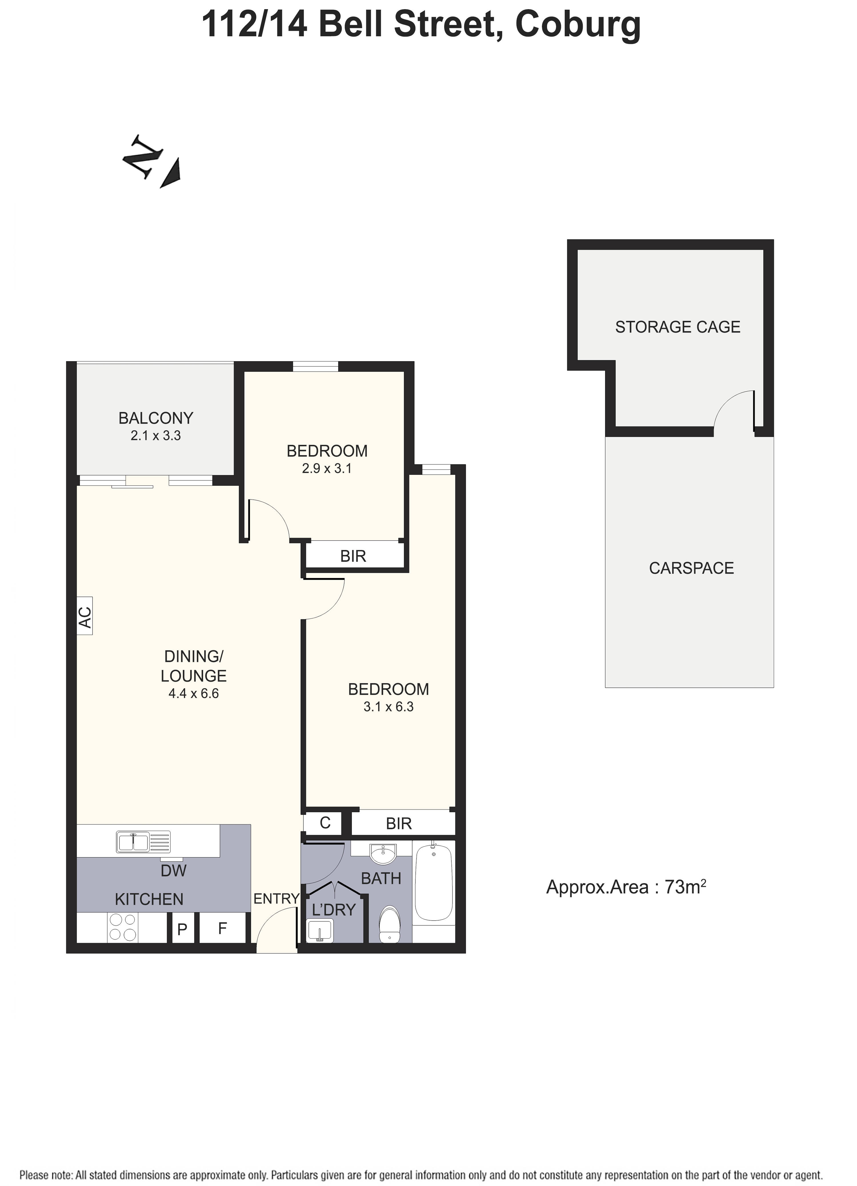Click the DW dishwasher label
tap(174, 870)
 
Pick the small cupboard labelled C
tap(325, 823)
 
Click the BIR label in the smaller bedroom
tap(353, 556)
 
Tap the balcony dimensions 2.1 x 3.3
tap(155, 436)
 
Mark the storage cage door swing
tap(735, 411)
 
